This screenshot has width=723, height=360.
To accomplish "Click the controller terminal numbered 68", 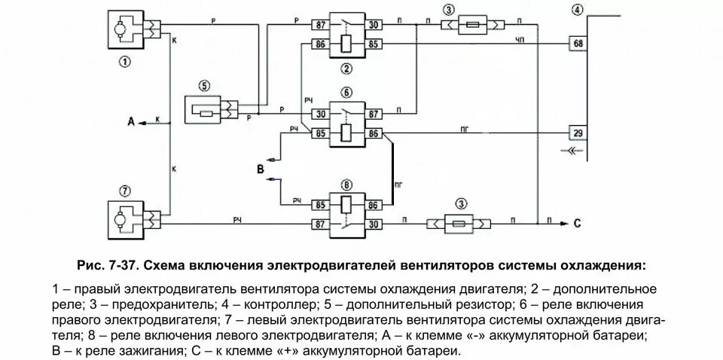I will [578, 44].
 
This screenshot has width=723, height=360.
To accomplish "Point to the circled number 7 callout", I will [123, 189].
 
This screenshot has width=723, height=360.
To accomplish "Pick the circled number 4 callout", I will [577, 10].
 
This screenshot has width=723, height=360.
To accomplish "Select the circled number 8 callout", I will [346, 184].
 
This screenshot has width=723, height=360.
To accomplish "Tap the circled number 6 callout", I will [346, 93].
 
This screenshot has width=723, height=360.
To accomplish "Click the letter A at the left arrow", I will [131, 121].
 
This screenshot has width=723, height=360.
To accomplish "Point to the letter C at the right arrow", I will [577, 222].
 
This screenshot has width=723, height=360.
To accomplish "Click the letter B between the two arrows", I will [261, 170].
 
